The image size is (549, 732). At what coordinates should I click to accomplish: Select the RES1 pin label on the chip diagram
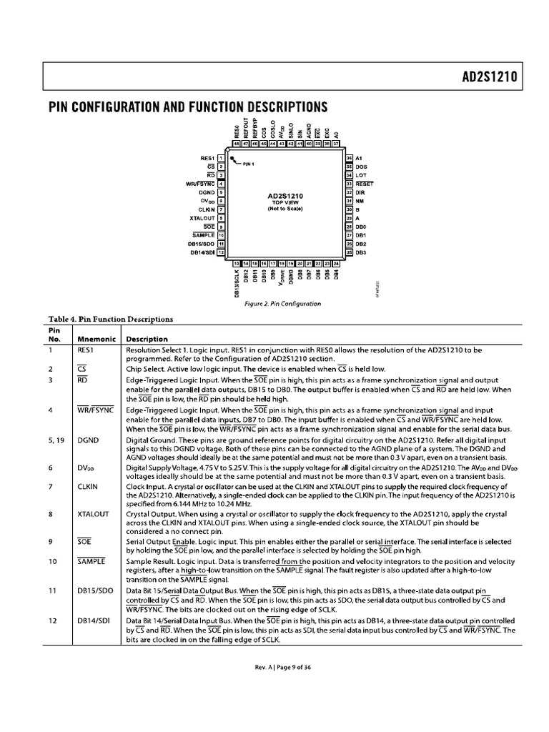[207, 157]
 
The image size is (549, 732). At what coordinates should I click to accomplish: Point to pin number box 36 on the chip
[349, 157]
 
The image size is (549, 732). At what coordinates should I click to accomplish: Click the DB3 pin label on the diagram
[361, 252]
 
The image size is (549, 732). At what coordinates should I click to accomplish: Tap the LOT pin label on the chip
[361, 175]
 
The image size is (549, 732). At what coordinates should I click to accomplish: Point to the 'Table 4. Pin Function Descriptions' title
[110, 320]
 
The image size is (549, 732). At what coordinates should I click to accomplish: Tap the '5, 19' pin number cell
[56, 440]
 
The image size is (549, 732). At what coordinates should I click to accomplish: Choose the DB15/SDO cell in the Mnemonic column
[95, 591]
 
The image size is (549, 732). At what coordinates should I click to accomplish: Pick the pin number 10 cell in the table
[52, 561]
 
